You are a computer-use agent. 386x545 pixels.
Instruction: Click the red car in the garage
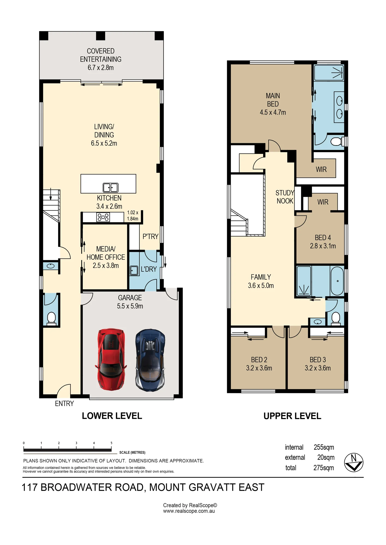pyautogui.click(x=111, y=359)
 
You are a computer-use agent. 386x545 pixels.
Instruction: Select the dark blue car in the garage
pyautogui.click(x=150, y=360)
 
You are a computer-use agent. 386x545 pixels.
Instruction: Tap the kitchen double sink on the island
pyautogui.click(x=111, y=187)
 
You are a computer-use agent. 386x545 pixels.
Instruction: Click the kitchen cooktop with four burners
pyautogui.click(x=103, y=217)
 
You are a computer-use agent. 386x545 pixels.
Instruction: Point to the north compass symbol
pyautogui.click(x=354, y=462)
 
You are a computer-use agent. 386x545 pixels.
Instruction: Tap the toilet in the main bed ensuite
pyautogui.click(x=336, y=142)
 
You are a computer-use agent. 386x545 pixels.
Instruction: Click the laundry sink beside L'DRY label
pyautogui.click(x=134, y=270)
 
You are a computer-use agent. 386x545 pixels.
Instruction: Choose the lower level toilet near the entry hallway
pyautogui.click(x=52, y=319)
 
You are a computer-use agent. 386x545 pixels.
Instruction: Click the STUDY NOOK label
pyautogui.click(x=285, y=197)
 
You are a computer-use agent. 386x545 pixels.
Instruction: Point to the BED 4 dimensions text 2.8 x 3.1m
pyautogui.click(x=323, y=246)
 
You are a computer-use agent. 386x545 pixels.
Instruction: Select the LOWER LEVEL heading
pyautogui.click(x=112, y=416)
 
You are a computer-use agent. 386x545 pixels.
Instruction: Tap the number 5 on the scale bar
pyautogui.click(x=111, y=443)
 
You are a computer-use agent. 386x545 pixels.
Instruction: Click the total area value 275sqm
pyautogui.click(x=324, y=468)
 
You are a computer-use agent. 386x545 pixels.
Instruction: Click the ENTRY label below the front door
pyautogui.click(x=64, y=404)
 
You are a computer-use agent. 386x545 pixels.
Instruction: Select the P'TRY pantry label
pyautogui.click(x=150, y=237)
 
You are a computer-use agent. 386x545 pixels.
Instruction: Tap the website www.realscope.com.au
pyautogui.click(x=189, y=511)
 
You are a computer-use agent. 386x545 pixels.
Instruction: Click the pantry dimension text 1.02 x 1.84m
pyautogui.click(x=133, y=216)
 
